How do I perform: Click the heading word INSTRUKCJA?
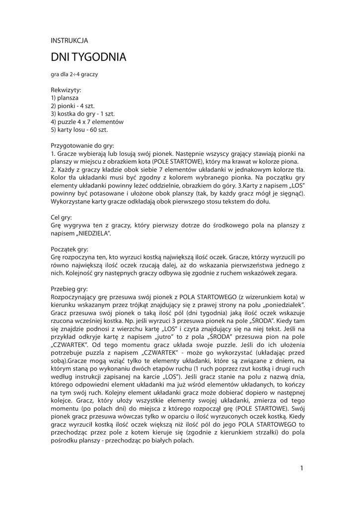(70, 41)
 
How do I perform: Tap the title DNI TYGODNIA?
(88, 58)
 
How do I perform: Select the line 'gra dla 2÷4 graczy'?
(74, 74)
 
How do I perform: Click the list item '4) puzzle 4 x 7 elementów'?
(87, 122)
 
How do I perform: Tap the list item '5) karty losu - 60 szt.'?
(79, 129)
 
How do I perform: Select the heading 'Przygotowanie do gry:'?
(82, 146)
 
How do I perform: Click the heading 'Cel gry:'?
(62, 217)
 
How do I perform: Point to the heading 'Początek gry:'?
(70, 249)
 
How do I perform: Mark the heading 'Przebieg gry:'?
(69, 289)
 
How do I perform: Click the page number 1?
(301, 468)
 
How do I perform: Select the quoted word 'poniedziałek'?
(282, 305)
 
